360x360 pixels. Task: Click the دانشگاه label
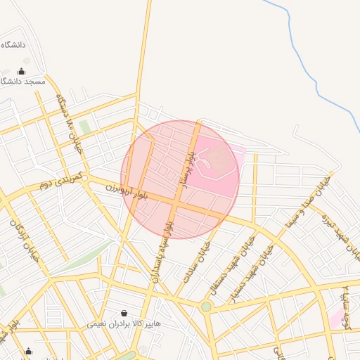click(13, 44)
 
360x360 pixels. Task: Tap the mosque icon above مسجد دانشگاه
click(21, 71)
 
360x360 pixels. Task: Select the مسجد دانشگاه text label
click(22, 82)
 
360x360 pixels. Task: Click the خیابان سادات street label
click(193, 261)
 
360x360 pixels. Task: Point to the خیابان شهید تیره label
click(330, 236)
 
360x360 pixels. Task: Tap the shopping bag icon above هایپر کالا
click(124, 313)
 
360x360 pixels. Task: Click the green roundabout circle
click(206, 307)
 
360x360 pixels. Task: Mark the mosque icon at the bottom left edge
click(28, 352)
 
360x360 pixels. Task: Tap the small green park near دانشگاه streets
click(85, 127)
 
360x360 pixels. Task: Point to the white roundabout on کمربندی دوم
click(84, 179)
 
